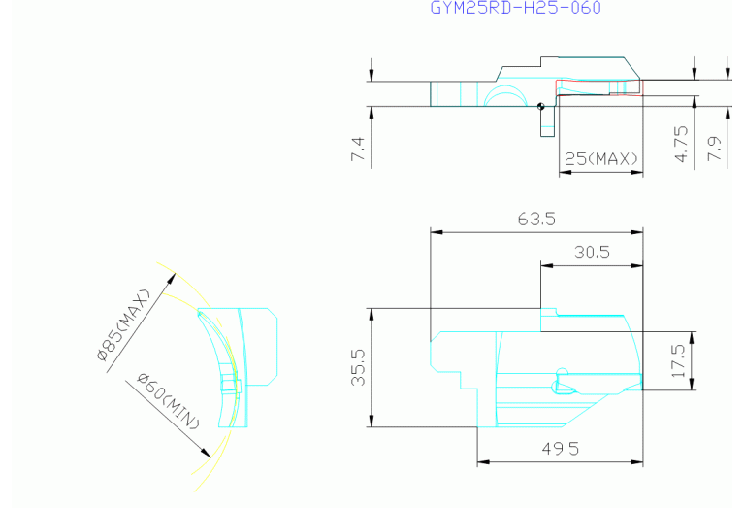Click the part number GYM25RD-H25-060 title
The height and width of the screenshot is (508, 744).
515,8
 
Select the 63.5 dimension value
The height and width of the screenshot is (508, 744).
536,220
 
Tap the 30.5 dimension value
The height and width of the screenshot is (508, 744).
592,253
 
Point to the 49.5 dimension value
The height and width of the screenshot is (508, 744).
561,449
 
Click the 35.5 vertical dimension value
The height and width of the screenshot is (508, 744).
358,367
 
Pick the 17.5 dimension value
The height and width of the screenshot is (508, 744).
678,361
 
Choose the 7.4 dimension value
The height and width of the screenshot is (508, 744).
358,149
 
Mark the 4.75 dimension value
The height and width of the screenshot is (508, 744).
681,144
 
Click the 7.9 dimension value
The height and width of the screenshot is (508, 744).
714,149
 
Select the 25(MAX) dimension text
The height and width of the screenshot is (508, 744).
601,158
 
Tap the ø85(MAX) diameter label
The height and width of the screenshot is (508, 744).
123,325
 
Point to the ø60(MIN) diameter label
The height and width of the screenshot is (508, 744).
169,401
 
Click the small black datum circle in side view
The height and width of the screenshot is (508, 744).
541,107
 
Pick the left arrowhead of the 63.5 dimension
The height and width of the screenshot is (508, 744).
437,232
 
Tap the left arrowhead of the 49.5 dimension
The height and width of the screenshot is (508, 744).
483,461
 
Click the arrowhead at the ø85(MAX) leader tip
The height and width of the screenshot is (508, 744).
172,279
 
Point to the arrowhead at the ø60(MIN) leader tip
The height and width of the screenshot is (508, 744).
206,453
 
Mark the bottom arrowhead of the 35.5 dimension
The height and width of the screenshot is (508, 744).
372,421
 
